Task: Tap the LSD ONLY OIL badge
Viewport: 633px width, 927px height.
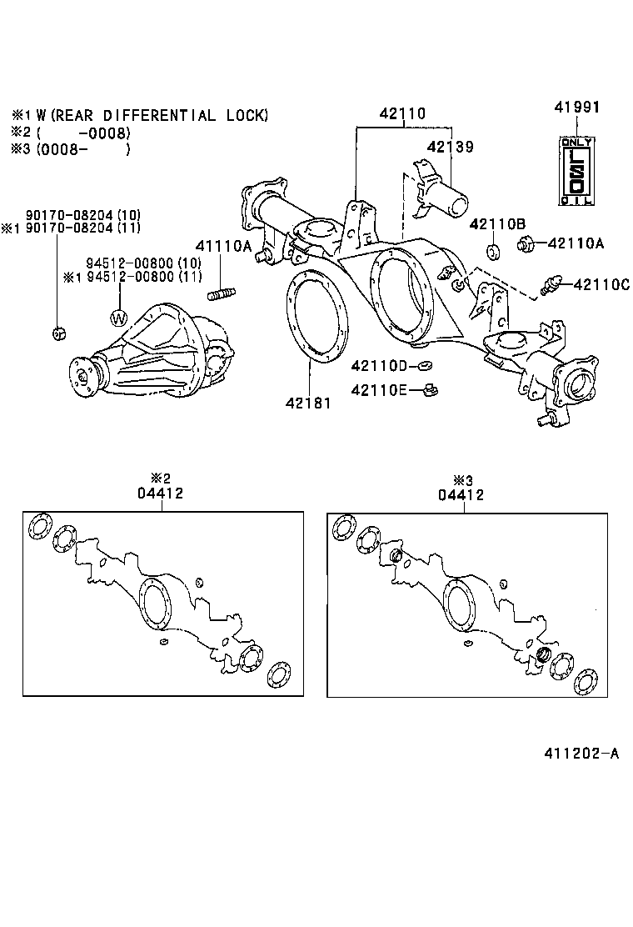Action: coord(577,170)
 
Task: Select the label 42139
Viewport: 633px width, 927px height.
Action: coord(450,147)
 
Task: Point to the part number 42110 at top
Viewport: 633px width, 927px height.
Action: coord(403,113)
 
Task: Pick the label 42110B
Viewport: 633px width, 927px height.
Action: coord(497,223)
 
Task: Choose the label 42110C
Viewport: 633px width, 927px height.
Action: coord(601,284)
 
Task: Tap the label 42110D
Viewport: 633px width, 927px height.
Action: coord(379,365)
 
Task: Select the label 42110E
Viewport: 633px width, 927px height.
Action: coord(379,388)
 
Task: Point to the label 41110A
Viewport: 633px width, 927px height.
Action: coord(222,246)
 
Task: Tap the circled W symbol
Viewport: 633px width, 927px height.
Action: coord(120,317)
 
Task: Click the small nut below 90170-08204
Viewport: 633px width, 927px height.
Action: coord(58,333)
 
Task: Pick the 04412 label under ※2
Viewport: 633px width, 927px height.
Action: coord(161,494)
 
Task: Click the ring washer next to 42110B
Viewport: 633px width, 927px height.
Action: coord(492,252)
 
